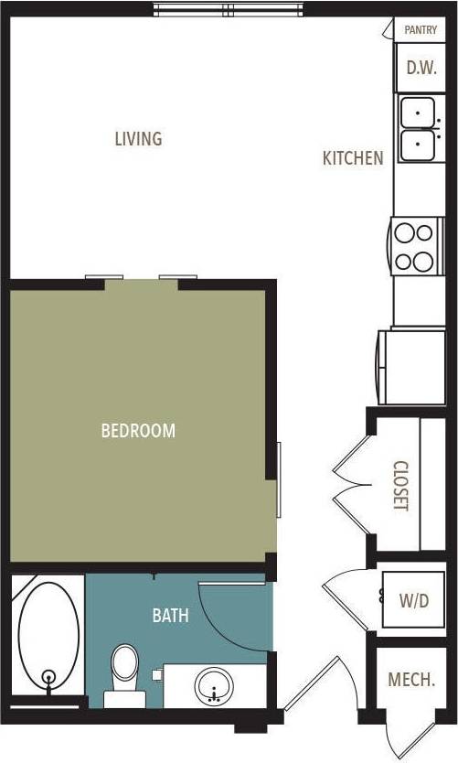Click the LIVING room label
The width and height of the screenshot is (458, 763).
(138, 139)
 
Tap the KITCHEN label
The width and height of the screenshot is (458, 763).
(353, 158)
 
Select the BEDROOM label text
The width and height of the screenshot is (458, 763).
(138, 430)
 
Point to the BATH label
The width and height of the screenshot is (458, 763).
(170, 616)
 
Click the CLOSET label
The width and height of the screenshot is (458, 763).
(399, 485)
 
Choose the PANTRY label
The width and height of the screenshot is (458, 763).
(420, 30)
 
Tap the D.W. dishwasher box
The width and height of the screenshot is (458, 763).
(420, 67)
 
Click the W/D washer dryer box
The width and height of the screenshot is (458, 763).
(413, 601)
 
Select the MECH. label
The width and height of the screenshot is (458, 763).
(410, 680)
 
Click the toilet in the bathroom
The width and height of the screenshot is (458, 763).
(124, 673)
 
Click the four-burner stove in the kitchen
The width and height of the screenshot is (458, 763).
(415, 246)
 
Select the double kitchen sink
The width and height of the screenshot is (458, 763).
(417, 127)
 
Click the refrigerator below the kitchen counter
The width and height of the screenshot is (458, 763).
(410, 366)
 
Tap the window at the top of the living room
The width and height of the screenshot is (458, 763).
(233, 10)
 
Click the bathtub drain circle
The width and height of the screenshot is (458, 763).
(49, 678)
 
